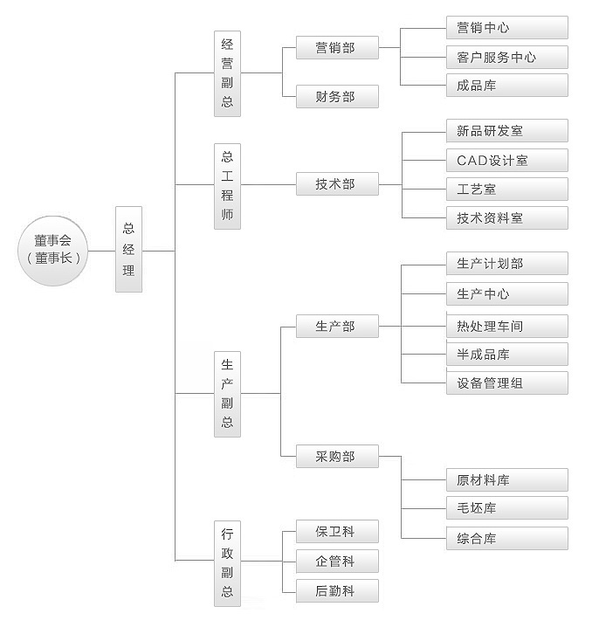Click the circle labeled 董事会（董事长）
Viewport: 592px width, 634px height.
tap(53, 251)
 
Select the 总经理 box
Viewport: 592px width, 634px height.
tap(128, 249)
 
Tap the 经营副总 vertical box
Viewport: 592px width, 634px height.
tap(227, 73)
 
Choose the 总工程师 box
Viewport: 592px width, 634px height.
tap(227, 186)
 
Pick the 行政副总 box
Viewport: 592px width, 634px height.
tap(227, 563)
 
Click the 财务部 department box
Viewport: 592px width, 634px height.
tap(337, 96)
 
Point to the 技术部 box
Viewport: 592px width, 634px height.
tap(337, 184)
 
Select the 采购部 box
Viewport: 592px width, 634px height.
tap(337, 456)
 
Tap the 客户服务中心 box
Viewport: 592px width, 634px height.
tap(507, 57)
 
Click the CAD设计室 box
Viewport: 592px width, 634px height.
tap(507, 160)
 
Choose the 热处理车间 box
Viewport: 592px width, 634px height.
tap(507, 326)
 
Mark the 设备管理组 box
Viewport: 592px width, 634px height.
tap(507, 382)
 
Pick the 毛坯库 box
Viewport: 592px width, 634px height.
tap(507, 508)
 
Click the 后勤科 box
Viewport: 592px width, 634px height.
tap(337, 590)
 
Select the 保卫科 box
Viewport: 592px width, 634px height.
tap(337, 531)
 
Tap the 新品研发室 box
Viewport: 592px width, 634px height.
tap(507, 131)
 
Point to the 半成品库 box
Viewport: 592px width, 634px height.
tap(507, 355)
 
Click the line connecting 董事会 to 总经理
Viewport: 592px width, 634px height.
tap(101, 252)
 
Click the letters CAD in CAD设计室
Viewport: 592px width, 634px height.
tap(472, 161)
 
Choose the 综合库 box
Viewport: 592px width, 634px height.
tap(507, 538)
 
